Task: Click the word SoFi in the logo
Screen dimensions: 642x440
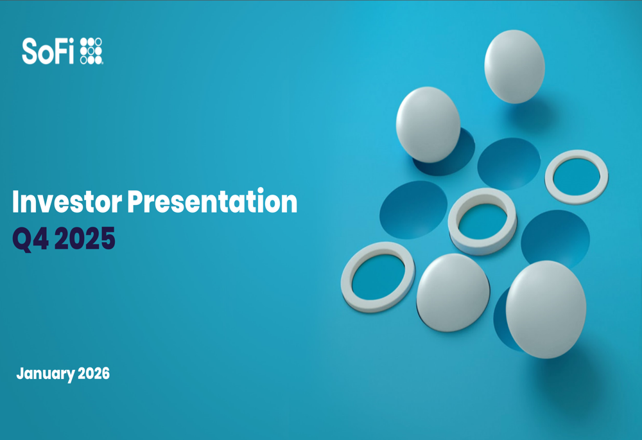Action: [48, 51]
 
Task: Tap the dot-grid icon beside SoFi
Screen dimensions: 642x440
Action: [91, 51]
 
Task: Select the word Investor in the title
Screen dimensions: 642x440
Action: [67, 202]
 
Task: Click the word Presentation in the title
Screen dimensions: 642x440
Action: [212, 201]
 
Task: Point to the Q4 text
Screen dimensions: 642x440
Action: [31, 239]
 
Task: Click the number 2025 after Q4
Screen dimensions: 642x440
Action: [85, 238]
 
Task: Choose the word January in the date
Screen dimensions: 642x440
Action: [46, 374]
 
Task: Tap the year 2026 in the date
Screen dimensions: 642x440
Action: [94, 373]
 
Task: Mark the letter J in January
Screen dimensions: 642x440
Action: [20, 373]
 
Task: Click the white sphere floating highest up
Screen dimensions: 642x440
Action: [514, 66]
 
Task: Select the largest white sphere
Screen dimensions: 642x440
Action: [546, 310]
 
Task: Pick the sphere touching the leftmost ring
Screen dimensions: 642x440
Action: [453, 292]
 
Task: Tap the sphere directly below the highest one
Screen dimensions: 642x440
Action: [428, 125]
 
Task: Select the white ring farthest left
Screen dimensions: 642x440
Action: [347, 277]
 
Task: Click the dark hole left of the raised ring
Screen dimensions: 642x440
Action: [413, 210]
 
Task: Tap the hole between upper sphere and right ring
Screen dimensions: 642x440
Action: [509, 163]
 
